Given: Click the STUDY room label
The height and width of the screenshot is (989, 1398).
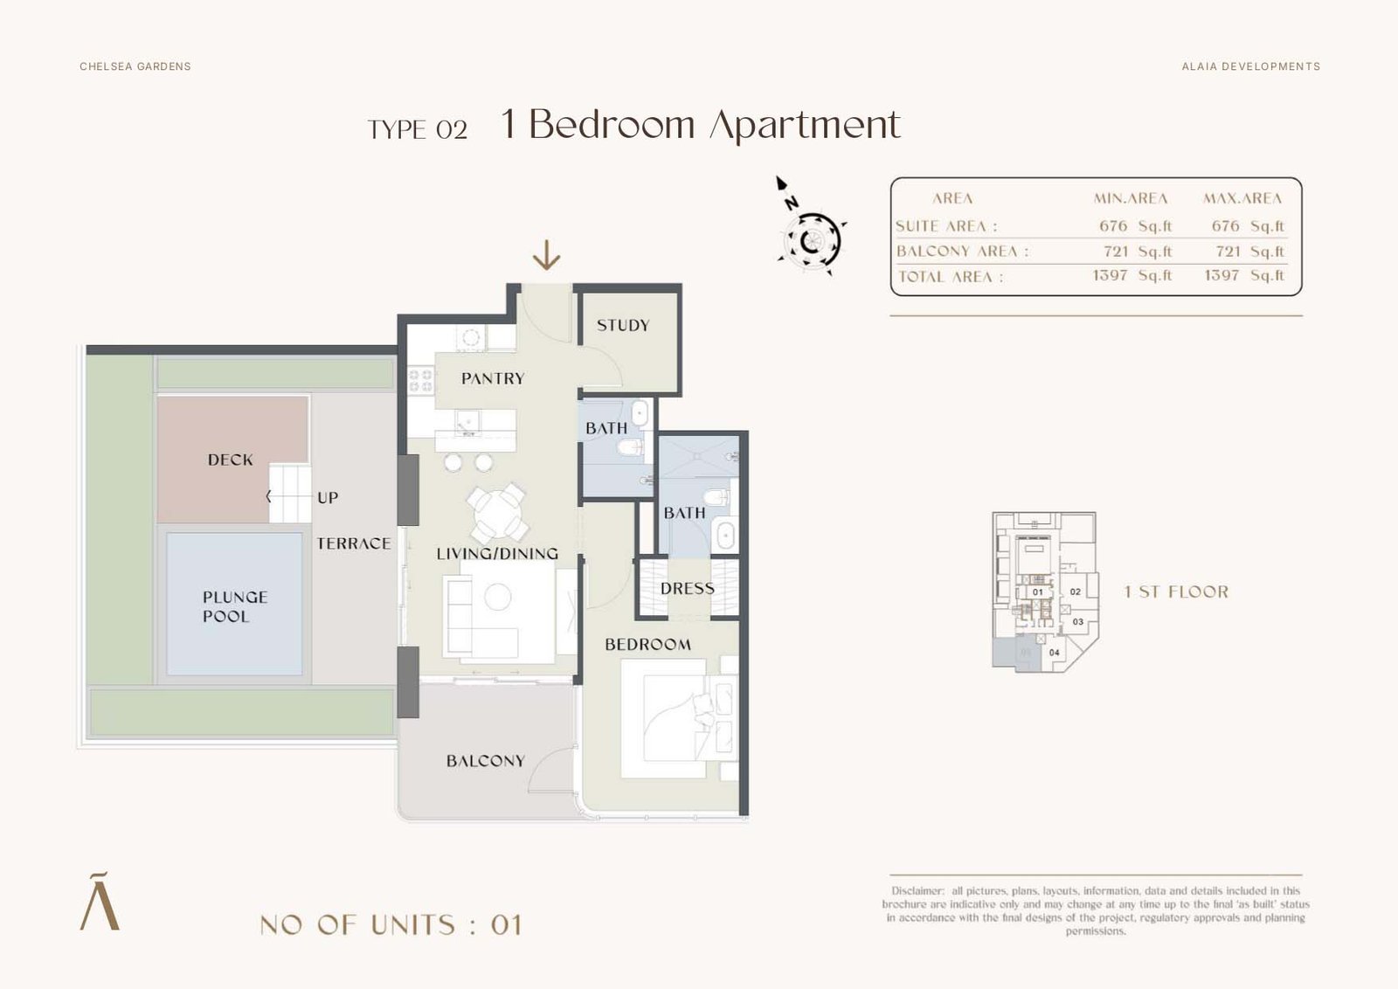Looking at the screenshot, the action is coord(623,325).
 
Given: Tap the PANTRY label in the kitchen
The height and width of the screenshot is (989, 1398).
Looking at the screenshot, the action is coord(493,378).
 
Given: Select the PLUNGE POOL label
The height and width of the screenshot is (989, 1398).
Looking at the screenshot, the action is coord(235,606).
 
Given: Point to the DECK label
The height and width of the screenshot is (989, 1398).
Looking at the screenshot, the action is coord(231,460).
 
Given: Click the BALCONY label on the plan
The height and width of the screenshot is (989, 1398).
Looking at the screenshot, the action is coord(485,761).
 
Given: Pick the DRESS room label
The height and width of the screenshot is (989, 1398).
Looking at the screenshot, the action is coord(687,588).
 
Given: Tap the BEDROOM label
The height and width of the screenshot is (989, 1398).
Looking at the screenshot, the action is coord(647,645).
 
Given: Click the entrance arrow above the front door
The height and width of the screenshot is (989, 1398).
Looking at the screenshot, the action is coord(546,255).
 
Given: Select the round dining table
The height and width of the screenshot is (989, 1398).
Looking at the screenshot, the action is coord(497,513).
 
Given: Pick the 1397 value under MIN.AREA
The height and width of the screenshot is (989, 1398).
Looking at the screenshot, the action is coord(1110,275).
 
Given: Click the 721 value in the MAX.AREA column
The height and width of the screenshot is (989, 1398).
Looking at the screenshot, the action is coord(1228,252).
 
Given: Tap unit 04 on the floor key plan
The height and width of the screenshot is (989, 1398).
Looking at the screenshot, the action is coord(1054,653).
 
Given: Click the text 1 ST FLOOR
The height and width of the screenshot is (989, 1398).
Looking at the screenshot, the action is coord(1176,591).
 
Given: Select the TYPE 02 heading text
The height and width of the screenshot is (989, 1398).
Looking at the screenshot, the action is coord(418,130).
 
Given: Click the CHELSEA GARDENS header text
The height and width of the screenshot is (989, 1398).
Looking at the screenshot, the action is coord(135,66).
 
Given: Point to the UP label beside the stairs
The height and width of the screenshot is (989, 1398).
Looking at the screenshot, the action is coord(328,498).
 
